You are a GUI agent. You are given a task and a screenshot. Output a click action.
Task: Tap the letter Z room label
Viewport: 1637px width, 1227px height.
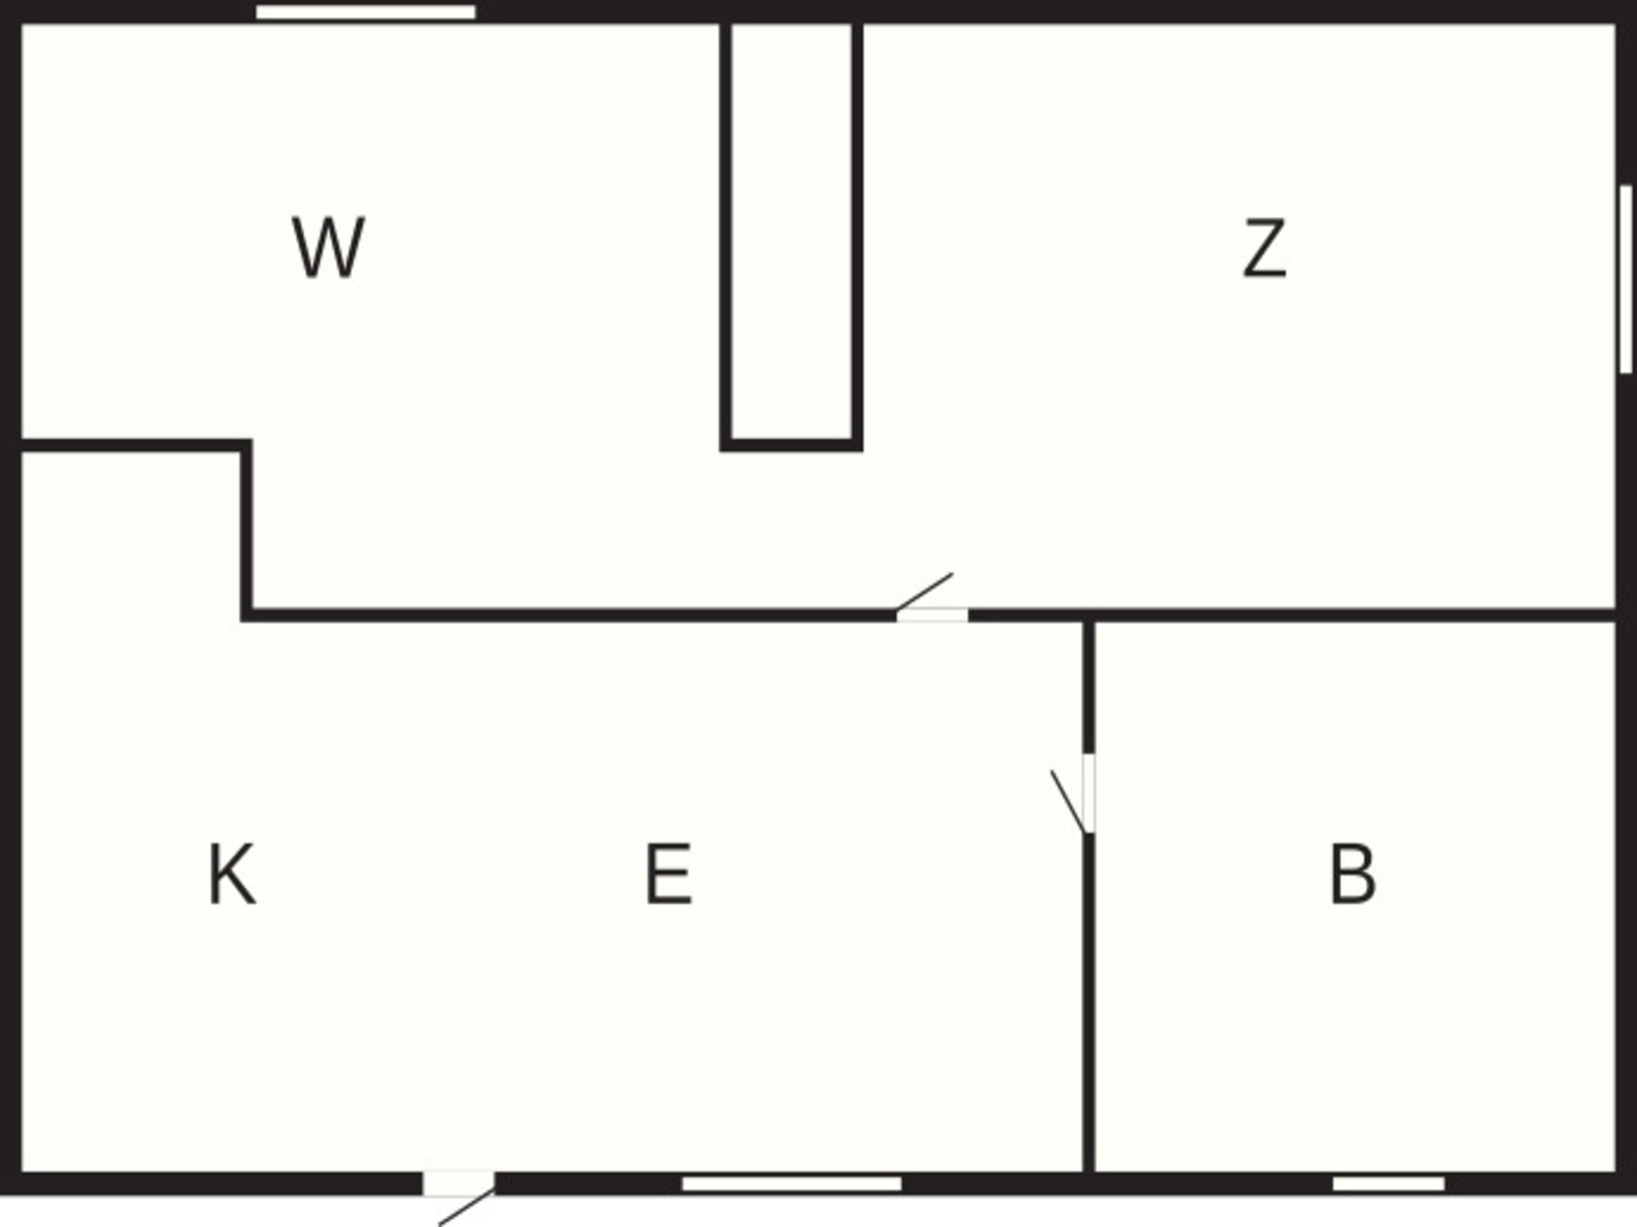click(1264, 248)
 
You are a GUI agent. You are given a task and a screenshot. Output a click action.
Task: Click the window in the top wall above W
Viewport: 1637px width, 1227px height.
click(366, 12)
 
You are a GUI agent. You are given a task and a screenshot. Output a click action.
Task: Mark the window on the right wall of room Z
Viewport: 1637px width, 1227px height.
click(1626, 279)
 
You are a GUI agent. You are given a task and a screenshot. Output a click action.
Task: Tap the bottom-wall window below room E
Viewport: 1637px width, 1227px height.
click(791, 1184)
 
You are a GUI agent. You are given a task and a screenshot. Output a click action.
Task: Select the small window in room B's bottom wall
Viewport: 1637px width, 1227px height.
click(1389, 1184)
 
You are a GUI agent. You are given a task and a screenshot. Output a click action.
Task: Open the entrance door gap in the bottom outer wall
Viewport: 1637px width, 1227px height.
click(459, 1184)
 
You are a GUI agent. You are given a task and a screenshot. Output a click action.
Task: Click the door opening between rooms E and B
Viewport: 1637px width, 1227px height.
click(1089, 793)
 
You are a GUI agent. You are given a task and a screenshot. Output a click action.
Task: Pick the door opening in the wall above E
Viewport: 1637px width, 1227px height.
click(932, 615)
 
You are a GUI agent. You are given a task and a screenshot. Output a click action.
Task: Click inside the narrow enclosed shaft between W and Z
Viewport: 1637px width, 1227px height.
click(791, 230)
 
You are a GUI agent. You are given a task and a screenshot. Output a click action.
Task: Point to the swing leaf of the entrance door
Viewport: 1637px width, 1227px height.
click(466, 1209)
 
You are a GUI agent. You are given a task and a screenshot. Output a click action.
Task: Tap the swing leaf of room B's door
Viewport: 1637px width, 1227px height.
click(1068, 802)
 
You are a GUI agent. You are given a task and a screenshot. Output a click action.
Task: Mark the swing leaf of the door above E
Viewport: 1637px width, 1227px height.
click(924, 592)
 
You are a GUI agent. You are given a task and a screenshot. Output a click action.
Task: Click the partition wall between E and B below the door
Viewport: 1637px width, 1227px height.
click(1089, 1003)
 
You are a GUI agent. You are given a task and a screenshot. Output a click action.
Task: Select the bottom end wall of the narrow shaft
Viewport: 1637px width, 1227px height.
click(791, 445)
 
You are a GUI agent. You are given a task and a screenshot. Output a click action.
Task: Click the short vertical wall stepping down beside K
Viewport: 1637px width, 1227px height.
click(246, 530)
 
